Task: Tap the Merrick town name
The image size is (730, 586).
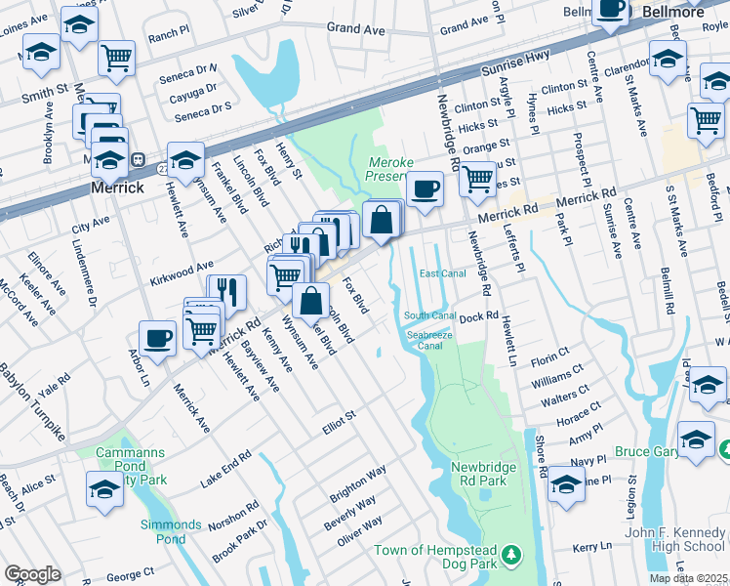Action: coord(117,187)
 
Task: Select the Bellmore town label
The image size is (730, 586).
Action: coord(673,12)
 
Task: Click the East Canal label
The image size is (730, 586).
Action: coord(441,273)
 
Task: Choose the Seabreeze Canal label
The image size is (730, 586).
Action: coord(429,339)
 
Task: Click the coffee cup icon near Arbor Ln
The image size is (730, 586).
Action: coord(157,339)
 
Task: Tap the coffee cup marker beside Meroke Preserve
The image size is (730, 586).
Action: coord(425,188)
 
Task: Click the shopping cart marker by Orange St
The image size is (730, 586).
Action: coord(477,179)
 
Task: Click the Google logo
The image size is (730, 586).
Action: coord(32,574)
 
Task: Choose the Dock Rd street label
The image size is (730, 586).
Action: coord(479,316)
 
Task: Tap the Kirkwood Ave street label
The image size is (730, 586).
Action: coord(181,267)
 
